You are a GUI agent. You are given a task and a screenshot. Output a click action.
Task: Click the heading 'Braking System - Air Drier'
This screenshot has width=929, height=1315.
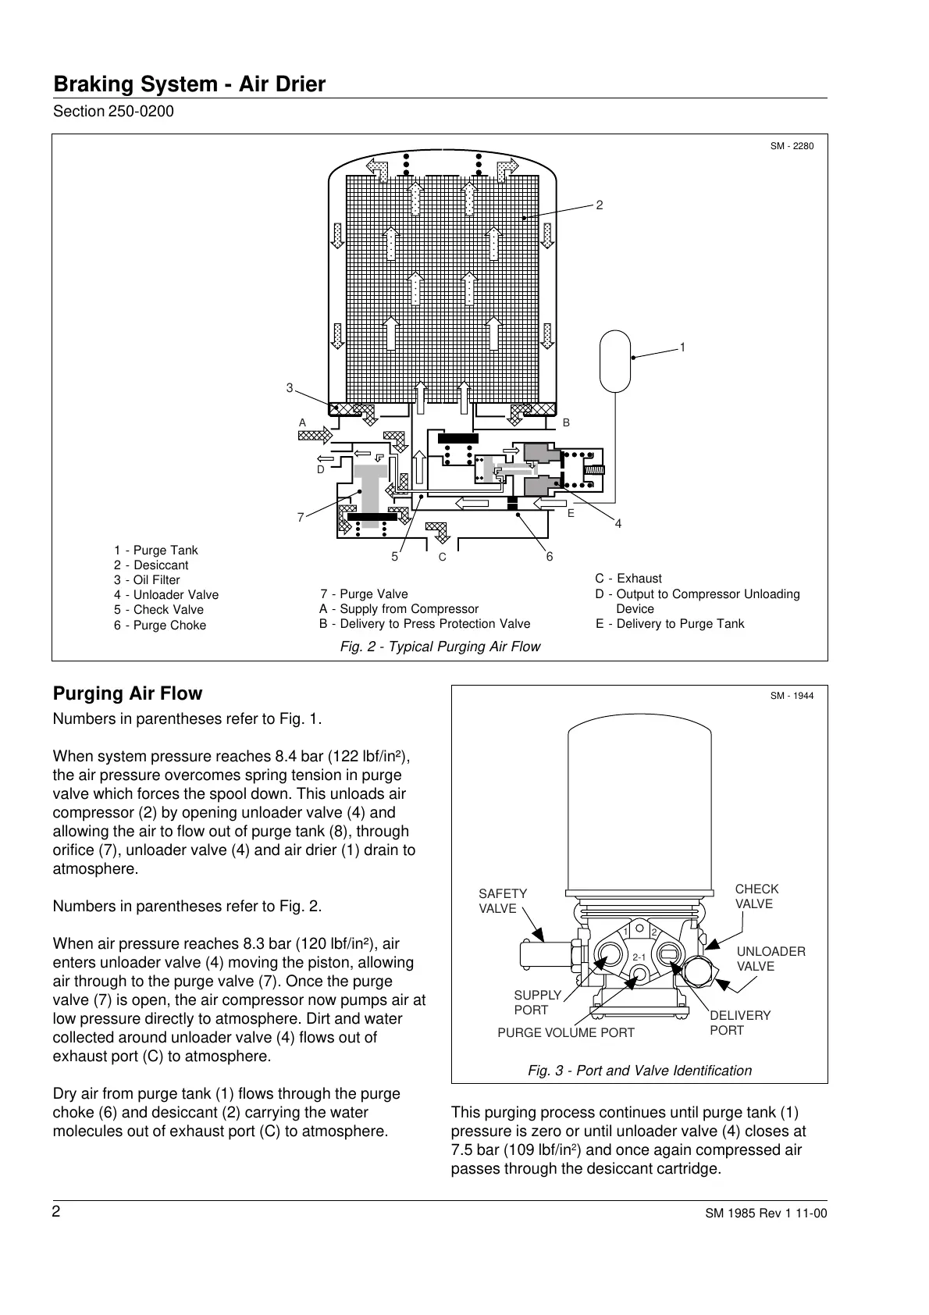point(189,84)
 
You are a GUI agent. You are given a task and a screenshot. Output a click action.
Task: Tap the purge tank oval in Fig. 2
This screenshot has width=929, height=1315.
point(615,360)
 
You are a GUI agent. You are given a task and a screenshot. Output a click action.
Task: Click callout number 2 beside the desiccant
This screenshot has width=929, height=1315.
point(600,205)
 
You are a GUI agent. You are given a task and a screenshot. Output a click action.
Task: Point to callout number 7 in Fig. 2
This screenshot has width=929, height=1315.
point(300,518)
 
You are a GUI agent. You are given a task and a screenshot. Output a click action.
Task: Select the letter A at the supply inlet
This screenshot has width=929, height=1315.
point(303,422)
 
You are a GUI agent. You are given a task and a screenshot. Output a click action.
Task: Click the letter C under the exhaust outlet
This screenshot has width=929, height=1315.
point(442,557)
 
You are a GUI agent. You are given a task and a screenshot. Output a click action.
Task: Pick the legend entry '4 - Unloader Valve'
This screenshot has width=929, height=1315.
point(166,595)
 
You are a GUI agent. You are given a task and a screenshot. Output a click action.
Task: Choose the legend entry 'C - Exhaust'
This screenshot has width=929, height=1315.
point(628,579)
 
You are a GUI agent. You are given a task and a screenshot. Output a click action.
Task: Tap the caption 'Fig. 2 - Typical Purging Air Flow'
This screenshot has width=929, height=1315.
point(440,647)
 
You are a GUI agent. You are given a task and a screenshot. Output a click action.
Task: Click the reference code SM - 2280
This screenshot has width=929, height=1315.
point(792,146)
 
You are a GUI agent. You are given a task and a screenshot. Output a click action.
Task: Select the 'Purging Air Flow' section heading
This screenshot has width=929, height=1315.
point(127,693)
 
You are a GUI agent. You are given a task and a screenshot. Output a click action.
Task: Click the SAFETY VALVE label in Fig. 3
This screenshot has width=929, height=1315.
point(503,901)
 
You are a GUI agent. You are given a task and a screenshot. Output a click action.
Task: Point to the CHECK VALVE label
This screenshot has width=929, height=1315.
point(756,896)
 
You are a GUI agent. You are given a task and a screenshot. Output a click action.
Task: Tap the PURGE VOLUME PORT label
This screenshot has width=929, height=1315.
point(566,1033)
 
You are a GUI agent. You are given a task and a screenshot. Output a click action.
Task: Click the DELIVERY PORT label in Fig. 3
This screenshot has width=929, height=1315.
point(739,1023)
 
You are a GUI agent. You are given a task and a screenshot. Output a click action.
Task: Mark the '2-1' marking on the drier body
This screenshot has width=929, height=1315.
point(639,957)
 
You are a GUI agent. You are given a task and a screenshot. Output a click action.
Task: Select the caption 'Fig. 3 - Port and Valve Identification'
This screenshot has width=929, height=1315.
point(639,1071)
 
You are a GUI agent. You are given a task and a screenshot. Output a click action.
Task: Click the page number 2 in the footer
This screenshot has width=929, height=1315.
point(56,1212)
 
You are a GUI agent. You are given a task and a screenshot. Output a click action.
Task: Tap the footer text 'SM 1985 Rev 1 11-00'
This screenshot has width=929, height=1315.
point(765,1213)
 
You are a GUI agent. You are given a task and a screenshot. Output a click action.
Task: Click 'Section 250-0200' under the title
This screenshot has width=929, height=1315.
point(113,112)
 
